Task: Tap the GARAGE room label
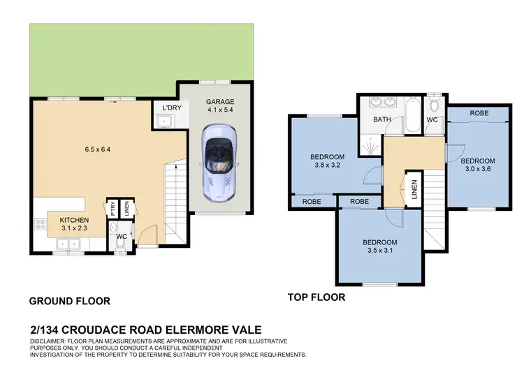220,101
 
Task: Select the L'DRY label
171,109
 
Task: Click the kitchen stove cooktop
38,225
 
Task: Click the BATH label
381,120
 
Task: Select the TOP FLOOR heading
316,297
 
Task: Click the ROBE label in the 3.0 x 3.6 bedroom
479,113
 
